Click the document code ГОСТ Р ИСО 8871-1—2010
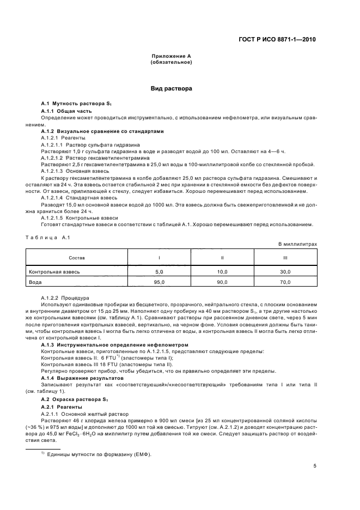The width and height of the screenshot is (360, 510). pos(277,40)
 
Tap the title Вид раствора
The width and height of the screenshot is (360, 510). pos(171,88)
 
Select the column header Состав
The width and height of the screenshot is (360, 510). pos(77,257)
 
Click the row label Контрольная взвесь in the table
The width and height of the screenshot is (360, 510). pos(54,271)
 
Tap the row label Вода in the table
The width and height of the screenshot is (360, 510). pos(36,282)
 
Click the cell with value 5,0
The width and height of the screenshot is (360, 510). pos(159,271)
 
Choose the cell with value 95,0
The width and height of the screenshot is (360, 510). pos(159,282)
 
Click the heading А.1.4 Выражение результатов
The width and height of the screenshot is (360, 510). pos(81,378)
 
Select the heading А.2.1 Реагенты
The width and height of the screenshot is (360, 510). pos(63,407)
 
